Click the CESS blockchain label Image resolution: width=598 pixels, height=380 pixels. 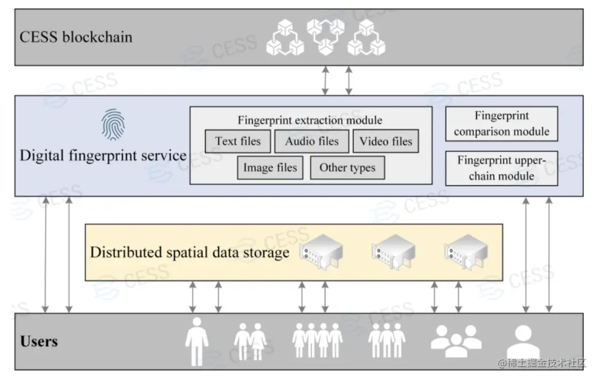tap(76, 37)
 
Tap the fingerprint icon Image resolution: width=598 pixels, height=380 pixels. tap(113, 124)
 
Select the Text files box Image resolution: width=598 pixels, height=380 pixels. tap(238, 141)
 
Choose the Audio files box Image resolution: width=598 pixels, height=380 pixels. tap(312, 141)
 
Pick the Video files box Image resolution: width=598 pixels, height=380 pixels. tap(386, 141)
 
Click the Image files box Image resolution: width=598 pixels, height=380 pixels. tap(270, 168)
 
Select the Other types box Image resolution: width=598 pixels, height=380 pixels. tap(347, 168)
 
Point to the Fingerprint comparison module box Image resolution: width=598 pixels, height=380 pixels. tap(502, 124)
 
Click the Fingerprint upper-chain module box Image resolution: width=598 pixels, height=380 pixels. tap(502, 168)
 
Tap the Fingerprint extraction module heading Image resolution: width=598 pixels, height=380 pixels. tap(310, 120)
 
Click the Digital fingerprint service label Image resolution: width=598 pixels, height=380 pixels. tap(103, 155)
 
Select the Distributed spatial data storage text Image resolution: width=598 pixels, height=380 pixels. tap(189, 253)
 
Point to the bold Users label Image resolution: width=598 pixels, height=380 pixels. tap(39, 341)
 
